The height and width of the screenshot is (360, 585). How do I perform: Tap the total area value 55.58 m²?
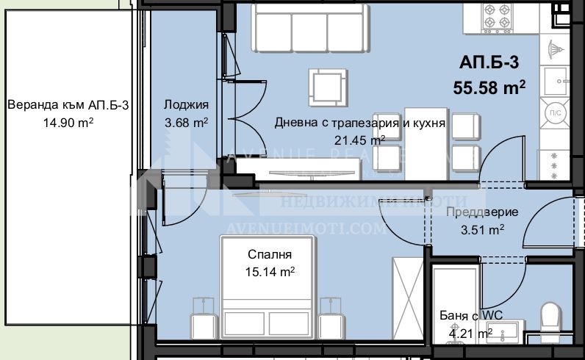point(489,87)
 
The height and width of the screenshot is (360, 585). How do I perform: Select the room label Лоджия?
point(186,105)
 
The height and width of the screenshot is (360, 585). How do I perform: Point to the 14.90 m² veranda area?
point(68,123)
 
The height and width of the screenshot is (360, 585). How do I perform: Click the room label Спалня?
point(269,255)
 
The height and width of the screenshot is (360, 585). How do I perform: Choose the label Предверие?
point(482,212)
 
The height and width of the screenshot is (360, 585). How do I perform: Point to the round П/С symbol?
point(553,112)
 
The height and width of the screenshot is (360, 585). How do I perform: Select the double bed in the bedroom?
point(269,294)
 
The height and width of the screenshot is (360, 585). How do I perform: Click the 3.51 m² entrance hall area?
point(481,229)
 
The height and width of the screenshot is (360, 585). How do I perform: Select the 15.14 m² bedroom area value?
point(270,272)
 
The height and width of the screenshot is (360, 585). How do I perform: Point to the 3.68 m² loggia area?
point(185,123)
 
